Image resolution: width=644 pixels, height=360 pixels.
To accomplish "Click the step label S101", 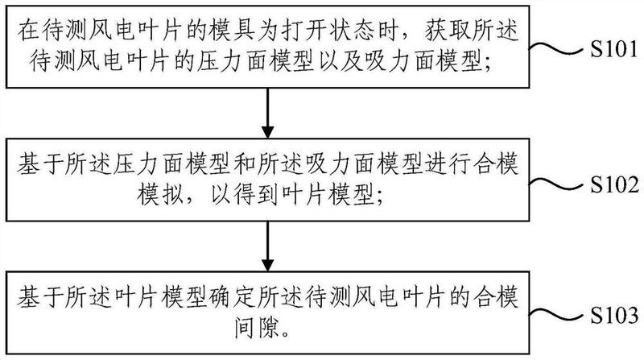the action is [614, 50].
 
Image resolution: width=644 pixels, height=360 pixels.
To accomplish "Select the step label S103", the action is [614, 315].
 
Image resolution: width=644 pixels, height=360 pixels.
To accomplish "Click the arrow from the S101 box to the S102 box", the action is [268, 113].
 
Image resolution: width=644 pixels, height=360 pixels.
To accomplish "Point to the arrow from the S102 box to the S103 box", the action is [268, 246].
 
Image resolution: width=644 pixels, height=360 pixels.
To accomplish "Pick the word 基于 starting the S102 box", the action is [40, 164].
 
